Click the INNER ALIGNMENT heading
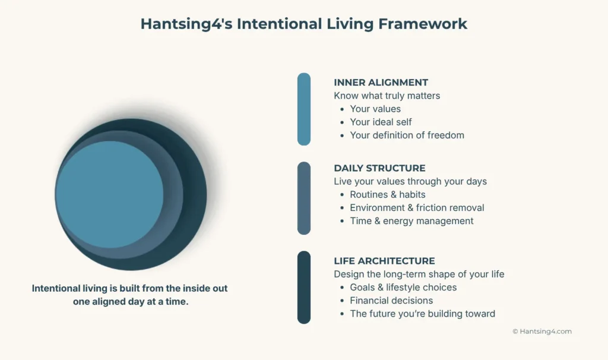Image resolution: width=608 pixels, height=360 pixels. (381, 83)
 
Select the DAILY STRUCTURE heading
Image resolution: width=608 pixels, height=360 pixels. (379, 168)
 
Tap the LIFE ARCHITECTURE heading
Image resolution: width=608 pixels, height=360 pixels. (384, 261)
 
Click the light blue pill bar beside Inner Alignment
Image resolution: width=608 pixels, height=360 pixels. (304, 109)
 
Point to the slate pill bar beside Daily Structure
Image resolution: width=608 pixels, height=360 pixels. (304, 198)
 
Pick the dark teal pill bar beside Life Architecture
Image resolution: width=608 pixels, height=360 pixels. (304, 288)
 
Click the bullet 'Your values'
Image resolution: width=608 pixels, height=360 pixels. (375, 109)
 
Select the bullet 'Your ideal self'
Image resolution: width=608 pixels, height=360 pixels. (381, 122)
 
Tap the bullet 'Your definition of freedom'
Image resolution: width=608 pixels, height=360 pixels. (407, 135)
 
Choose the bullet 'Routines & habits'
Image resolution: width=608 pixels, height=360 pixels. (387, 194)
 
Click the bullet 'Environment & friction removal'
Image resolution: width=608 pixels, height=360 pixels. (417, 207)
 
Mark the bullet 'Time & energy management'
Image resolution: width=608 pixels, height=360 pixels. (411, 221)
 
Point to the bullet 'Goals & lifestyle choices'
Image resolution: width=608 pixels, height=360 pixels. (403, 287)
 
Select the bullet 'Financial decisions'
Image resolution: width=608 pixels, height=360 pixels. (391, 300)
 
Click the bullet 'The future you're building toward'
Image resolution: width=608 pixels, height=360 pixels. (422, 314)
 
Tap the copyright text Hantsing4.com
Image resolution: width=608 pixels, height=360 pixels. (542, 331)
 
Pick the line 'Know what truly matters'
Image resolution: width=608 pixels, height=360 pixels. (387, 96)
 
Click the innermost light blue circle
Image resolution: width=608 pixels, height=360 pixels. (109, 194)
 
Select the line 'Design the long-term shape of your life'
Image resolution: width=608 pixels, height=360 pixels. (419, 274)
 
